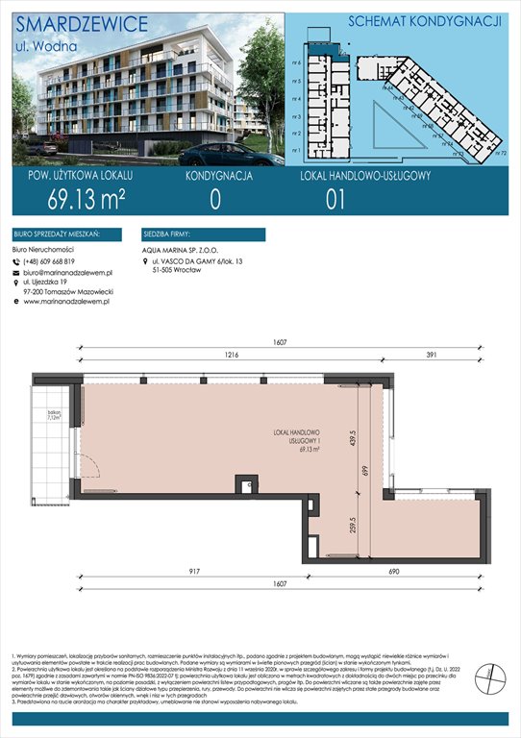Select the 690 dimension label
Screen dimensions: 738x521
pos(419,572)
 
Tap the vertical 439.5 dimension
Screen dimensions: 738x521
pos(354,427)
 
